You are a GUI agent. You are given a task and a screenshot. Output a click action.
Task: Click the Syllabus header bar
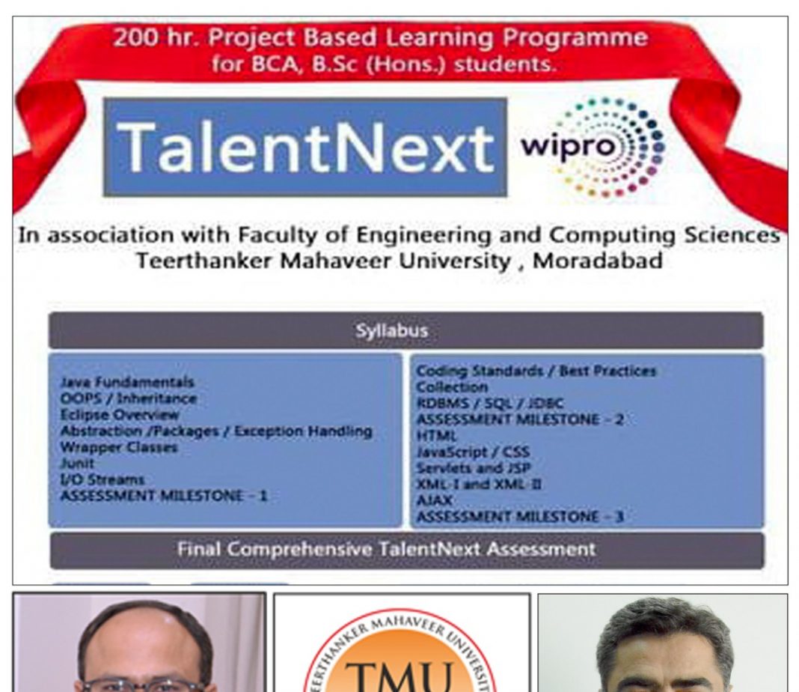click(406, 331)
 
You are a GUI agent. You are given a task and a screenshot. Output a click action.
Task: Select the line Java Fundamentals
click(127, 382)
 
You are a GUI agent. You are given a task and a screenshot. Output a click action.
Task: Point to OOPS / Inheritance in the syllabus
click(129, 398)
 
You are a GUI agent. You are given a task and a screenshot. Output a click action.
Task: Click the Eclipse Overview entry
click(120, 415)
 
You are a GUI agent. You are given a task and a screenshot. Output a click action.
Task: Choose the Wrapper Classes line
click(119, 447)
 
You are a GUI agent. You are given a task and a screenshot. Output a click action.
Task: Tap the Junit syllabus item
click(77, 463)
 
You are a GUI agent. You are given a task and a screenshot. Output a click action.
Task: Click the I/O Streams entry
click(102, 479)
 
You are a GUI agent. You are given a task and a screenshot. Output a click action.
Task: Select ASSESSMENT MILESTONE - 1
click(164, 496)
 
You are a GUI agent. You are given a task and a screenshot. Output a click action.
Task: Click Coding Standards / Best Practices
click(536, 371)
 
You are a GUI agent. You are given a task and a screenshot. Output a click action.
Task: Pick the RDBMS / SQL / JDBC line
click(490, 404)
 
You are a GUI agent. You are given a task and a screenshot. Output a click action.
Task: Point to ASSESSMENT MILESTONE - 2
click(520, 419)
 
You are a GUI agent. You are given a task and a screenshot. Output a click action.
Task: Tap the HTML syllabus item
click(436, 436)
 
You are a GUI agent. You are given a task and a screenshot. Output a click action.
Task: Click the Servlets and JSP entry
click(474, 468)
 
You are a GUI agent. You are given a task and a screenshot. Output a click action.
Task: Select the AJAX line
click(434, 500)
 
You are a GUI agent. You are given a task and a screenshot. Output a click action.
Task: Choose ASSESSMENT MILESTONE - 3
click(520, 517)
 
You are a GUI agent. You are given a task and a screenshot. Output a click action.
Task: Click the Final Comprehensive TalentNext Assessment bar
click(407, 550)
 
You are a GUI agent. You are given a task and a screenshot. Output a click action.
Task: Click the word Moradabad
click(597, 261)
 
